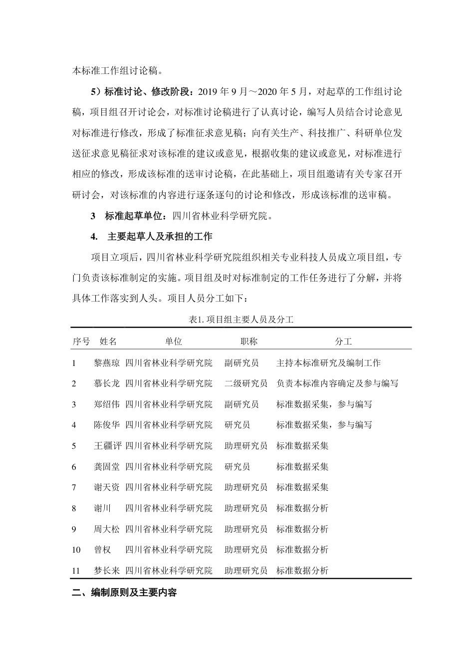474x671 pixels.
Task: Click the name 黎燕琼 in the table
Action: point(107,363)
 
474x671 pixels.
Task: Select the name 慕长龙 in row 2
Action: point(107,383)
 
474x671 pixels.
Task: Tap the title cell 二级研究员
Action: point(245,383)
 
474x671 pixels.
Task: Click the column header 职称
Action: point(248,341)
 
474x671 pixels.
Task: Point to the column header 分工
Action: point(343,341)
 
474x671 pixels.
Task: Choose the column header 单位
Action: point(174,341)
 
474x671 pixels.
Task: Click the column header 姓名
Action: point(108,341)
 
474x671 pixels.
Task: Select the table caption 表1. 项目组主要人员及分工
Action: point(241,320)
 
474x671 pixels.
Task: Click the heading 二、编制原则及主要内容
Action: point(124,593)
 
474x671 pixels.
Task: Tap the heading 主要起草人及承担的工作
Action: point(160,236)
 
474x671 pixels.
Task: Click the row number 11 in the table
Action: point(76,571)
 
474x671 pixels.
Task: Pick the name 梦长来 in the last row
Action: point(107,571)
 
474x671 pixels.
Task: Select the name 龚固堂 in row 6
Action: point(107,467)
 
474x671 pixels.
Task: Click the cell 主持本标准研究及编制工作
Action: point(328,363)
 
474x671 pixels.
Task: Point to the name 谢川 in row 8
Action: point(102,508)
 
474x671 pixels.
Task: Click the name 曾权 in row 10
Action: point(102,550)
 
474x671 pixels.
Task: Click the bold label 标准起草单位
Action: point(134,216)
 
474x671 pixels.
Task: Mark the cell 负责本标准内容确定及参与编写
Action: point(337,383)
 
